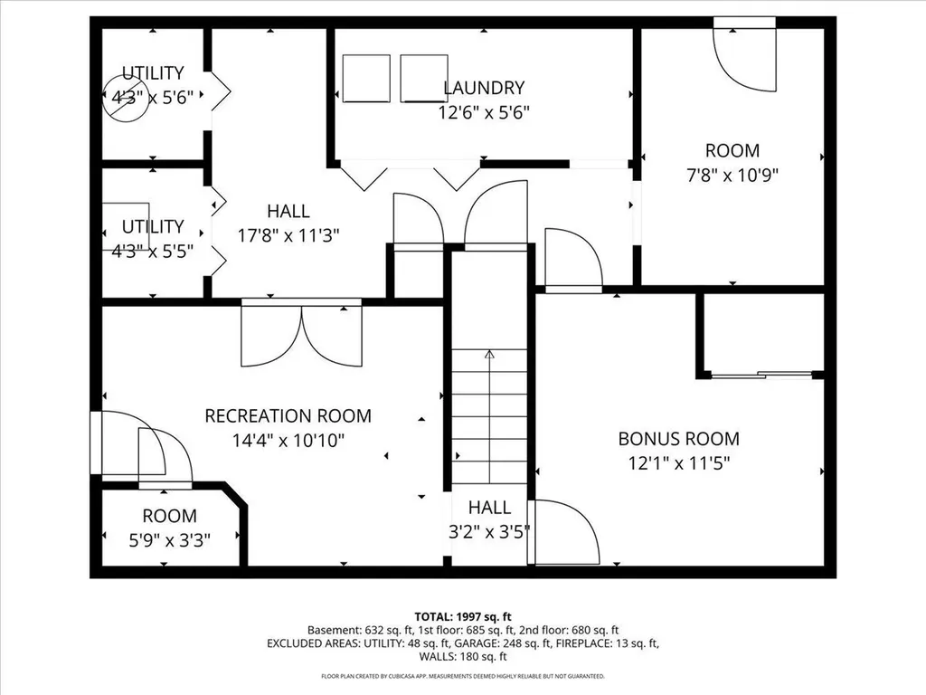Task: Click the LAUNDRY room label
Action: tap(484, 88)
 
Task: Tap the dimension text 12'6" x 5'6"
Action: tap(484, 112)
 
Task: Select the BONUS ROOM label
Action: tap(678, 439)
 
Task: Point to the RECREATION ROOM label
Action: tap(288, 416)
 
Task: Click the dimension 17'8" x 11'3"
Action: tap(288, 236)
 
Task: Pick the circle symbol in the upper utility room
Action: tap(125, 99)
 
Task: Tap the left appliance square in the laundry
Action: tap(366, 79)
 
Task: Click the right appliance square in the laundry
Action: tap(424, 79)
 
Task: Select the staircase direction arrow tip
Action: tap(489, 351)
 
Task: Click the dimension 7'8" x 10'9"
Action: tap(732, 176)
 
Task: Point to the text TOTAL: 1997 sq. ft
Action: tap(463, 617)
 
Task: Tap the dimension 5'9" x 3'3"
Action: tap(169, 540)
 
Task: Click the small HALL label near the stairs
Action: tap(489, 507)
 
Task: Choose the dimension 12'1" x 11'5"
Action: tap(678, 463)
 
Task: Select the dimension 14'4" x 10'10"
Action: tap(288, 441)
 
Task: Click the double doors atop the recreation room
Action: tap(302, 333)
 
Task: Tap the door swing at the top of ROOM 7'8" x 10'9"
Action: tap(745, 58)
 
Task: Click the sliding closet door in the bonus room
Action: tap(761, 374)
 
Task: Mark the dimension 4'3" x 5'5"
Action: tap(153, 252)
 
